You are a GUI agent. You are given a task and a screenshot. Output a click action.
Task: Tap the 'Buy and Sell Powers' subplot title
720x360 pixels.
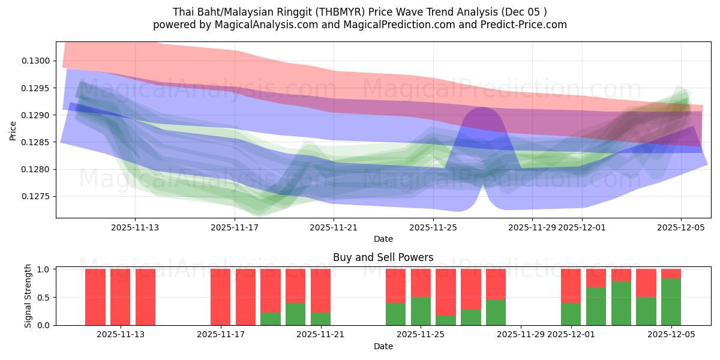[383, 257]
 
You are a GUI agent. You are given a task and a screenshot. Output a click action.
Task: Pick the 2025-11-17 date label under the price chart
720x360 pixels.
[235, 227]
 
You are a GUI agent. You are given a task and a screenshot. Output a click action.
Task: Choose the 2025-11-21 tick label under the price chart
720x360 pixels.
[334, 227]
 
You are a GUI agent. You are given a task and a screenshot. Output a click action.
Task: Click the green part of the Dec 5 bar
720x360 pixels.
[671, 302]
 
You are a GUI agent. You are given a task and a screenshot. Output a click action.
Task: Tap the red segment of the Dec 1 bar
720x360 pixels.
[571, 286]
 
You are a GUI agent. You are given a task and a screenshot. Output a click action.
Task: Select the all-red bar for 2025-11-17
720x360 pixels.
[220, 297]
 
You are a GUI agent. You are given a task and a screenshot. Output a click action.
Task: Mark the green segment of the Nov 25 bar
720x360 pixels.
[421, 311]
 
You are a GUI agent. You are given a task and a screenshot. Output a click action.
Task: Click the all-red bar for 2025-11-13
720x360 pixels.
[145, 297]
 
